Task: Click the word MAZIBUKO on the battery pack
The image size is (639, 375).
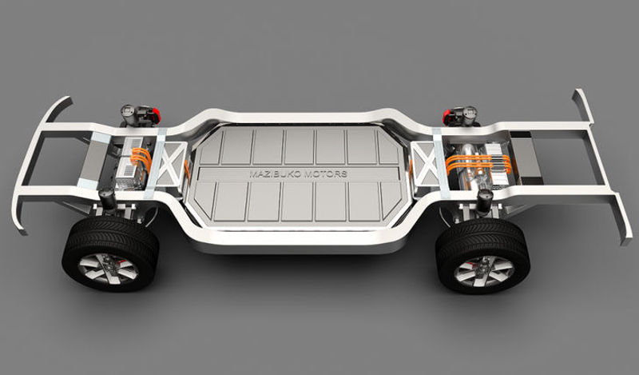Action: (x=274, y=174)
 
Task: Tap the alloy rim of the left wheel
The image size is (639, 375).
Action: (x=108, y=268)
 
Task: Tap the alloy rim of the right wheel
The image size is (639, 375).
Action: (x=484, y=271)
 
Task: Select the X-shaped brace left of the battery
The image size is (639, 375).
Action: (x=170, y=163)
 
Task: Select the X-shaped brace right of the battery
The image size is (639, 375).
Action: (x=426, y=163)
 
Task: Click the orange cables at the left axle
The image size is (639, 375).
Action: (x=141, y=158)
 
